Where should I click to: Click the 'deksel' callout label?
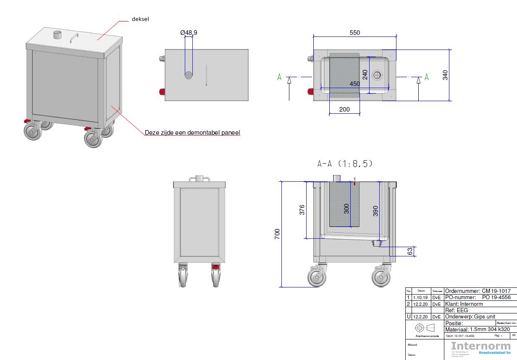[141, 19]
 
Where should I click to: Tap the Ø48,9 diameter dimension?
[189, 32]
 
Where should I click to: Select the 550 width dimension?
[355, 33]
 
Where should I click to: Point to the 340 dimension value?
[446, 75]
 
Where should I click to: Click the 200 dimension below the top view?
[344, 109]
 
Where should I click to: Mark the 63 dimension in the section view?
[410, 251]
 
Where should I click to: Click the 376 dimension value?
[302, 210]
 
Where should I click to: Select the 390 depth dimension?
[376, 211]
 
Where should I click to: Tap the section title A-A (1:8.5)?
[345, 164]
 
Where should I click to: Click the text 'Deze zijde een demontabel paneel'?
[192, 133]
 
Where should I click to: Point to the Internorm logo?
[480, 347]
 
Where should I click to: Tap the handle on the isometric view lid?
[74, 38]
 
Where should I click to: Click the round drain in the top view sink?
[377, 75]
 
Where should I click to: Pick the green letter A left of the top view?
[279, 77]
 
